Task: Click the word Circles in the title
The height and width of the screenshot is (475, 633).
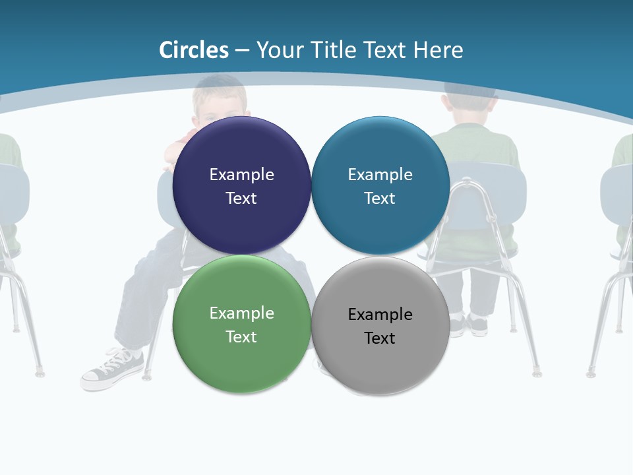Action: pyautogui.click(x=194, y=50)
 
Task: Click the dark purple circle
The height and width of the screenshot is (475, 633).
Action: pyautogui.click(x=241, y=224)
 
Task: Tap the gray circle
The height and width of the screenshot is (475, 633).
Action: pyautogui.click(x=380, y=366)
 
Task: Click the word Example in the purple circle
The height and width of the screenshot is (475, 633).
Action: pyautogui.click(x=241, y=174)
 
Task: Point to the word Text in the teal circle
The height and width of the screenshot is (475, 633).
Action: pyautogui.click(x=380, y=198)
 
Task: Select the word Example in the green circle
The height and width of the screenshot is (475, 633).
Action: pyautogui.click(x=241, y=313)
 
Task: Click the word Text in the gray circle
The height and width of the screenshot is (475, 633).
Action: pyautogui.click(x=380, y=338)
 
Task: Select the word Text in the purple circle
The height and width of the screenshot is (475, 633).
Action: pyautogui.click(x=241, y=198)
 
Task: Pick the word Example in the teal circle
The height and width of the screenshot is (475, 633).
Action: pyautogui.click(x=380, y=174)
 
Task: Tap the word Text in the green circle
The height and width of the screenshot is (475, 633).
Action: pyautogui.click(x=241, y=336)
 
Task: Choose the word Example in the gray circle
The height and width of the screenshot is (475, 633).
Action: pyautogui.click(x=380, y=314)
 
